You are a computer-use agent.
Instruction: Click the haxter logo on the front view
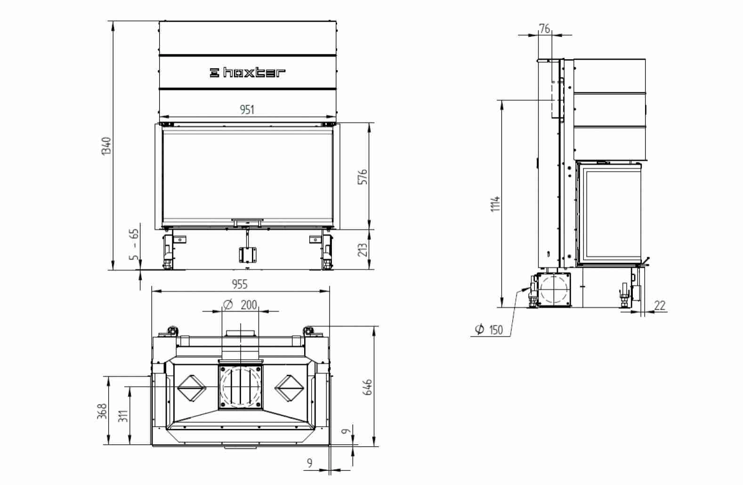point(248,73)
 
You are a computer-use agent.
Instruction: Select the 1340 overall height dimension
point(106,146)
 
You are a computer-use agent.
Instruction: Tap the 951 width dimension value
point(247,109)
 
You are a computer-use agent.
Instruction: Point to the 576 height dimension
point(363,177)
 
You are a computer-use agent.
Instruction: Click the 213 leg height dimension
point(363,250)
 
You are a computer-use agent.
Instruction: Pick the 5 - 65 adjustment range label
point(134,244)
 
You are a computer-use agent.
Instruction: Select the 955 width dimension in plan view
point(240,284)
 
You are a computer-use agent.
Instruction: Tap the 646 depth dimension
point(368,387)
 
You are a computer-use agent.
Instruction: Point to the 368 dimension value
point(103,411)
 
